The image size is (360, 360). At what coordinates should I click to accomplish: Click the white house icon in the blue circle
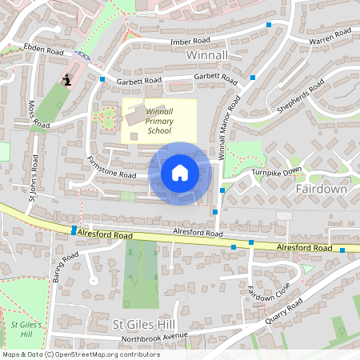coord(180,173)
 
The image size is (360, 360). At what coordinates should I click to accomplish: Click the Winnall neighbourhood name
coord(206,54)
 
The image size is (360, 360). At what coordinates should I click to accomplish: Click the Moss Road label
coord(37,113)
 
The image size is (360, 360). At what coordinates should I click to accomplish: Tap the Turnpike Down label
coord(277,171)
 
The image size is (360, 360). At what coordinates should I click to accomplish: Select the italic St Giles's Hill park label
coord(26,328)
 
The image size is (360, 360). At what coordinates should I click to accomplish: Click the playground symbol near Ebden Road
coord(66,80)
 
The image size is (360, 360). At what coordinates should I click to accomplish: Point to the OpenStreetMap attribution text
coord(82,354)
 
